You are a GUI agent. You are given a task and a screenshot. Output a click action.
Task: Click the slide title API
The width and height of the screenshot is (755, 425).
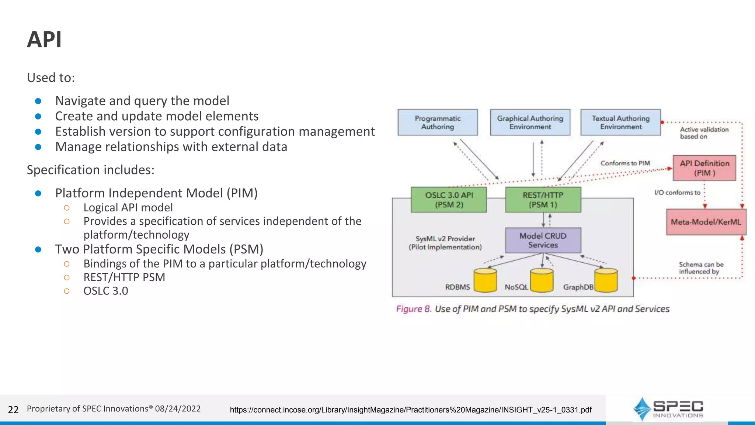(x=44, y=39)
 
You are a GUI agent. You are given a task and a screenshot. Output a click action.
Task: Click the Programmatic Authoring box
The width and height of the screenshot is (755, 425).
(x=438, y=122)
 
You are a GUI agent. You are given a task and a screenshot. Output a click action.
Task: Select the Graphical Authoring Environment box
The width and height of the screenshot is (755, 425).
(x=530, y=122)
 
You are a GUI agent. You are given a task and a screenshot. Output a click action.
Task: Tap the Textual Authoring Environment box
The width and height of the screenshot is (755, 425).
(x=620, y=122)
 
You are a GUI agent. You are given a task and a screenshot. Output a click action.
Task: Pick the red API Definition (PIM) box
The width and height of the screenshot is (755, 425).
(x=704, y=168)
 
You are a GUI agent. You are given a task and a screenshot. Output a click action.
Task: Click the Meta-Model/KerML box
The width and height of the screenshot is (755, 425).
(x=706, y=222)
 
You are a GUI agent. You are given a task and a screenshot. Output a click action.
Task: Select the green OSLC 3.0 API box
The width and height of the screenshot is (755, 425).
(x=449, y=200)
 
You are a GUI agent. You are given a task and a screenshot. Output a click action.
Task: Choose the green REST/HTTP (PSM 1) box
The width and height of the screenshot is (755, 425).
(x=543, y=200)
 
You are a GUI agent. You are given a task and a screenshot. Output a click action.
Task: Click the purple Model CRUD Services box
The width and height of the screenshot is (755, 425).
(x=543, y=241)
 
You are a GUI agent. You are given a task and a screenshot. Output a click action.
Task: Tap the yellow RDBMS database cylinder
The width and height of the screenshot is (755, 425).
(x=485, y=281)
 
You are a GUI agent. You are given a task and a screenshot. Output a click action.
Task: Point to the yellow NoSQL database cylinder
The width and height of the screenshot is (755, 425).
(x=542, y=281)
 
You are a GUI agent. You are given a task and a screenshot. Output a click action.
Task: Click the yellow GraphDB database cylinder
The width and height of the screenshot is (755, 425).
(x=606, y=281)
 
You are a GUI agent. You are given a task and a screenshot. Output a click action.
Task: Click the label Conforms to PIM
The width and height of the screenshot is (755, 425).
(x=625, y=163)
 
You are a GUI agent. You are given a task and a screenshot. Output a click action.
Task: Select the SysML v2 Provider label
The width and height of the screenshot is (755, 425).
(x=445, y=243)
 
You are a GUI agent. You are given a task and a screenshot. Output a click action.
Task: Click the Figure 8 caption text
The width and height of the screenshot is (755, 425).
(x=533, y=309)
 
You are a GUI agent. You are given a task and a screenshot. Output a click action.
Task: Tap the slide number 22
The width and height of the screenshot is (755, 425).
(x=13, y=410)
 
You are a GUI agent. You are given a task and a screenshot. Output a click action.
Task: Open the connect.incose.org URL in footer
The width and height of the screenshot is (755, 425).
(x=411, y=410)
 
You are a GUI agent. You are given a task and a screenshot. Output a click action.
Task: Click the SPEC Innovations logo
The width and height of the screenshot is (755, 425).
(x=668, y=409)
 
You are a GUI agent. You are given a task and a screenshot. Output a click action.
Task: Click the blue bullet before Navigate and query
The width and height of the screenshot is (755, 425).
(x=38, y=101)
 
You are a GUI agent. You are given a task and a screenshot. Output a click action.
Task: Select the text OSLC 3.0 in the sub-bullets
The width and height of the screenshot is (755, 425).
(x=106, y=291)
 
